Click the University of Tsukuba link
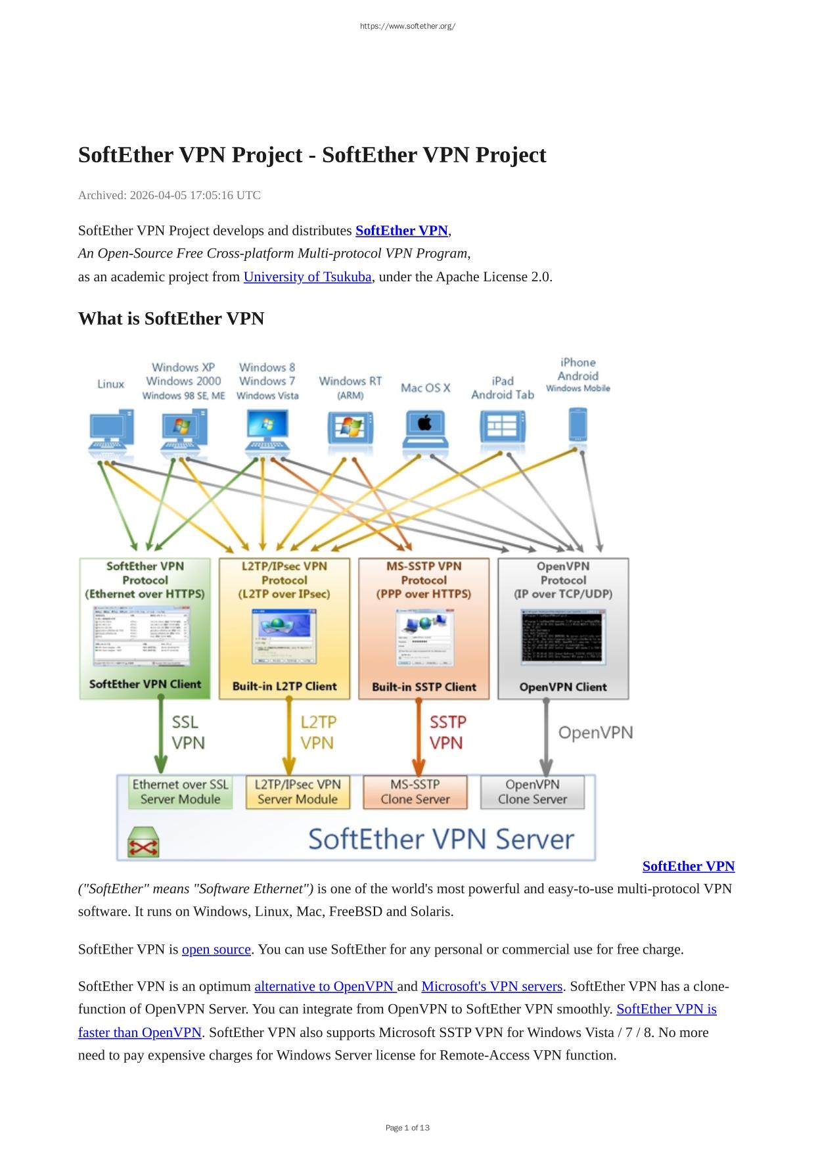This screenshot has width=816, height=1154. coord(307,277)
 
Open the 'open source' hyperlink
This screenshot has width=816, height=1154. coord(216,950)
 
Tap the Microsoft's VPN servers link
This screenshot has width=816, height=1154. coord(491,986)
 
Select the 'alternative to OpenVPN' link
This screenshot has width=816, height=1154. coord(325,986)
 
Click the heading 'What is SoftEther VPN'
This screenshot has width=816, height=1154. coord(171,319)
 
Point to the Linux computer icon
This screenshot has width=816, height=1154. coord(112,430)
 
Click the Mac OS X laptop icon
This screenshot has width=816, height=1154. coord(424,430)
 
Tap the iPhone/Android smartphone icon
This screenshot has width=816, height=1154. coord(578,426)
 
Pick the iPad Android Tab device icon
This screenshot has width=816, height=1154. coord(503,428)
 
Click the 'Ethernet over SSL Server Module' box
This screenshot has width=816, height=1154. coord(181,792)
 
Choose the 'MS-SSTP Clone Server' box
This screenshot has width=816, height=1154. coord(415,792)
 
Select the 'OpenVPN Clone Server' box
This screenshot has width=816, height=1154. coord(532,792)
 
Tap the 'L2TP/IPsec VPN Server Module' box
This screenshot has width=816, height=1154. coord(298,792)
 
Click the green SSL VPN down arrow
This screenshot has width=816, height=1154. coord(161,736)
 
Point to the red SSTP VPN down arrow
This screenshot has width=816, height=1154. coord(419,736)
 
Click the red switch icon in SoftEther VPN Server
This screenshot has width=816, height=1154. coord(144,842)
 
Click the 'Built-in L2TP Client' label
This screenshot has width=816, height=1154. coord(284,687)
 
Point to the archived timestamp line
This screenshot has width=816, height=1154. coord(170,195)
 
